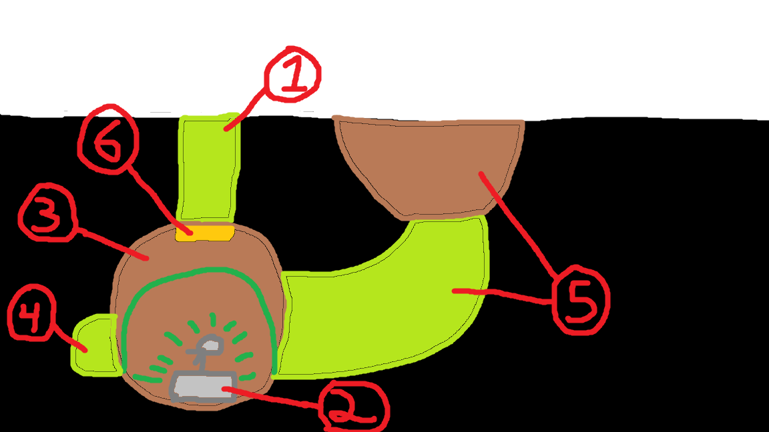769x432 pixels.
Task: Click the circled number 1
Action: tap(292, 74)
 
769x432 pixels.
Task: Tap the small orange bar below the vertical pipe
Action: tap(204, 233)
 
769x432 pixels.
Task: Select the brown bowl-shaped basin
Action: tap(427, 163)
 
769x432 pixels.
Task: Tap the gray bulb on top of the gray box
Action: tap(210, 345)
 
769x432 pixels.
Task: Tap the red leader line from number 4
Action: tap(70, 337)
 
